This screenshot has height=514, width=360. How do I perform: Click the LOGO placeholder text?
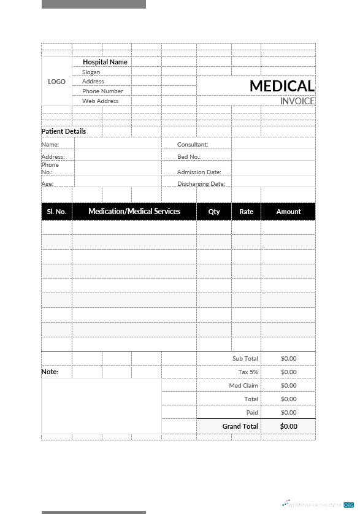pyautogui.click(x=56, y=82)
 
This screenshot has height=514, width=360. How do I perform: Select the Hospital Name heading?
pyautogui.click(x=105, y=62)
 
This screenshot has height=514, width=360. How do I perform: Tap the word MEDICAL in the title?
pyautogui.click(x=281, y=86)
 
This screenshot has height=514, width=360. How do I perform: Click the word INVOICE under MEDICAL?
pyautogui.click(x=297, y=101)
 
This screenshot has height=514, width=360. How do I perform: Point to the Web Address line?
pyautogui.click(x=101, y=101)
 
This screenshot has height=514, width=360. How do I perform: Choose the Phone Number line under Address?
pyautogui.click(x=102, y=91)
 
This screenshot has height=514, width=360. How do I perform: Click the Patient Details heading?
pyautogui.click(x=64, y=131)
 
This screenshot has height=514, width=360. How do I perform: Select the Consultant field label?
pyautogui.click(x=193, y=145)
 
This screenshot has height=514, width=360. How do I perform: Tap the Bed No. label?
pyautogui.click(x=189, y=157)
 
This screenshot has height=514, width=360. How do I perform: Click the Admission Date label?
pyautogui.click(x=199, y=172)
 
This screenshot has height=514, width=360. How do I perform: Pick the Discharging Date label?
pyautogui.click(x=201, y=184)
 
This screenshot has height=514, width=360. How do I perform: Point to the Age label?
pyautogui.click(x=47, y=184)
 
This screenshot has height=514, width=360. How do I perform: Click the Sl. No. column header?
pyautogui.click(x=56, y=212)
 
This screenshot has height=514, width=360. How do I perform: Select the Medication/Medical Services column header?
pyautogui.click(x=134, y=212)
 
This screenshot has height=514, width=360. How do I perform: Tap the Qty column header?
pyautogui.click(x=214, y=212)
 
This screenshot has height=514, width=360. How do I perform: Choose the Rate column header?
pyautogui.click(x=246, y=212)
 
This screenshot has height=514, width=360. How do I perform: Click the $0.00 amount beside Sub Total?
pyautogui.click(x=288, y=359)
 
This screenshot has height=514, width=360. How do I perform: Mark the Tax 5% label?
pyautogui.click(x=248, y=372)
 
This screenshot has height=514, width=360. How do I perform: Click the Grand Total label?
pyautogui.click(x=240, y=426)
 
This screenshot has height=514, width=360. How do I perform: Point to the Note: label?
pyautogui.click(x=50, y=372)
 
